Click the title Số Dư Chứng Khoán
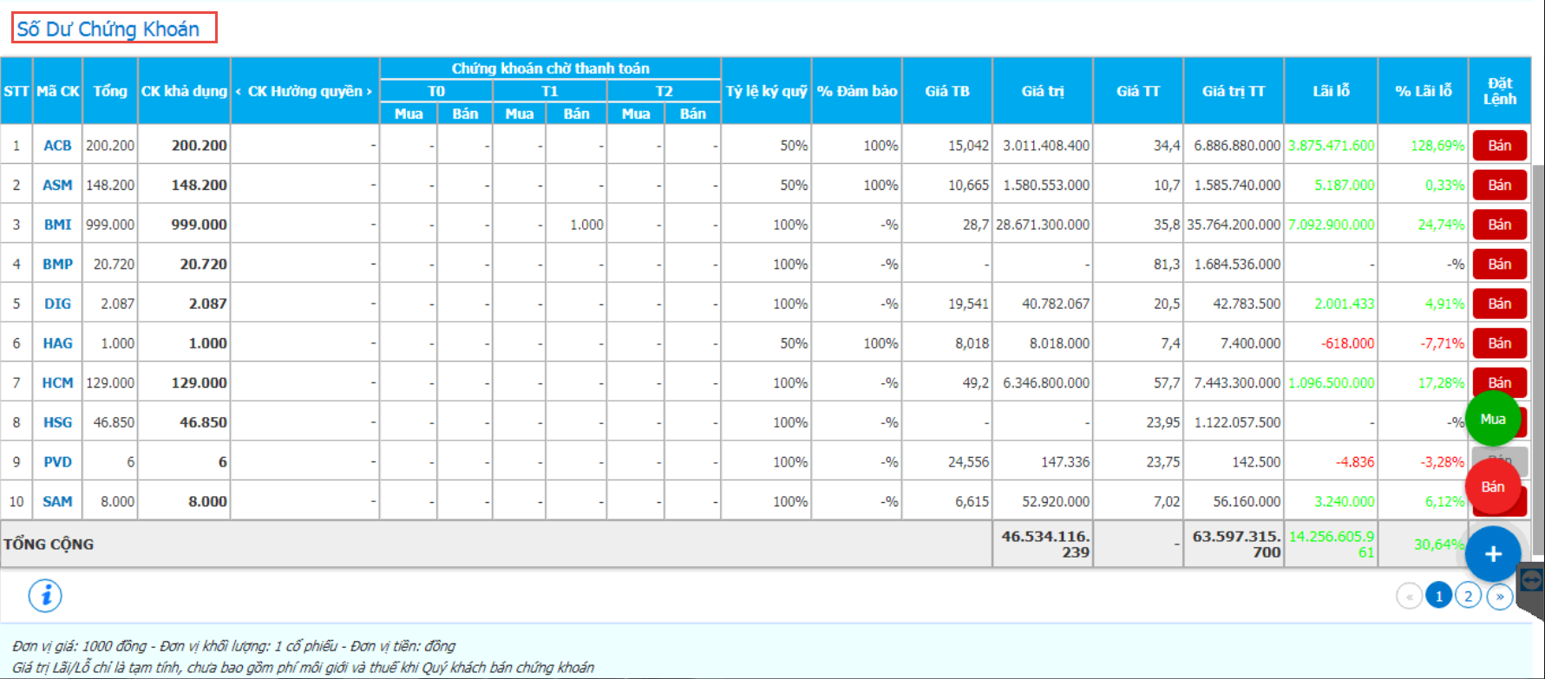point(108,29)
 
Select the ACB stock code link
point(57,146)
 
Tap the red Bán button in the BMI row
point(1499,225)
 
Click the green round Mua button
point(1493,419)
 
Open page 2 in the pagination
point(1468,596)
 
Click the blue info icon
point(46,596)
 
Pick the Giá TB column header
point(947,91)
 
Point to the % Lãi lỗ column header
point(1423,91)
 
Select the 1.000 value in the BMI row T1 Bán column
point(586,225)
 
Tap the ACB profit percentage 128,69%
point(1437,146)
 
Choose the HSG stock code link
point(57,422)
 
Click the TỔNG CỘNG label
point(49,545)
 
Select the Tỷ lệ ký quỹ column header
point(766,91)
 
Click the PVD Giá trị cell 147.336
point(1065,462)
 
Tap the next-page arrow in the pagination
point(1499,596)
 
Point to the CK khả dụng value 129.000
point(199,382)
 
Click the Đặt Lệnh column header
point(1499,91)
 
